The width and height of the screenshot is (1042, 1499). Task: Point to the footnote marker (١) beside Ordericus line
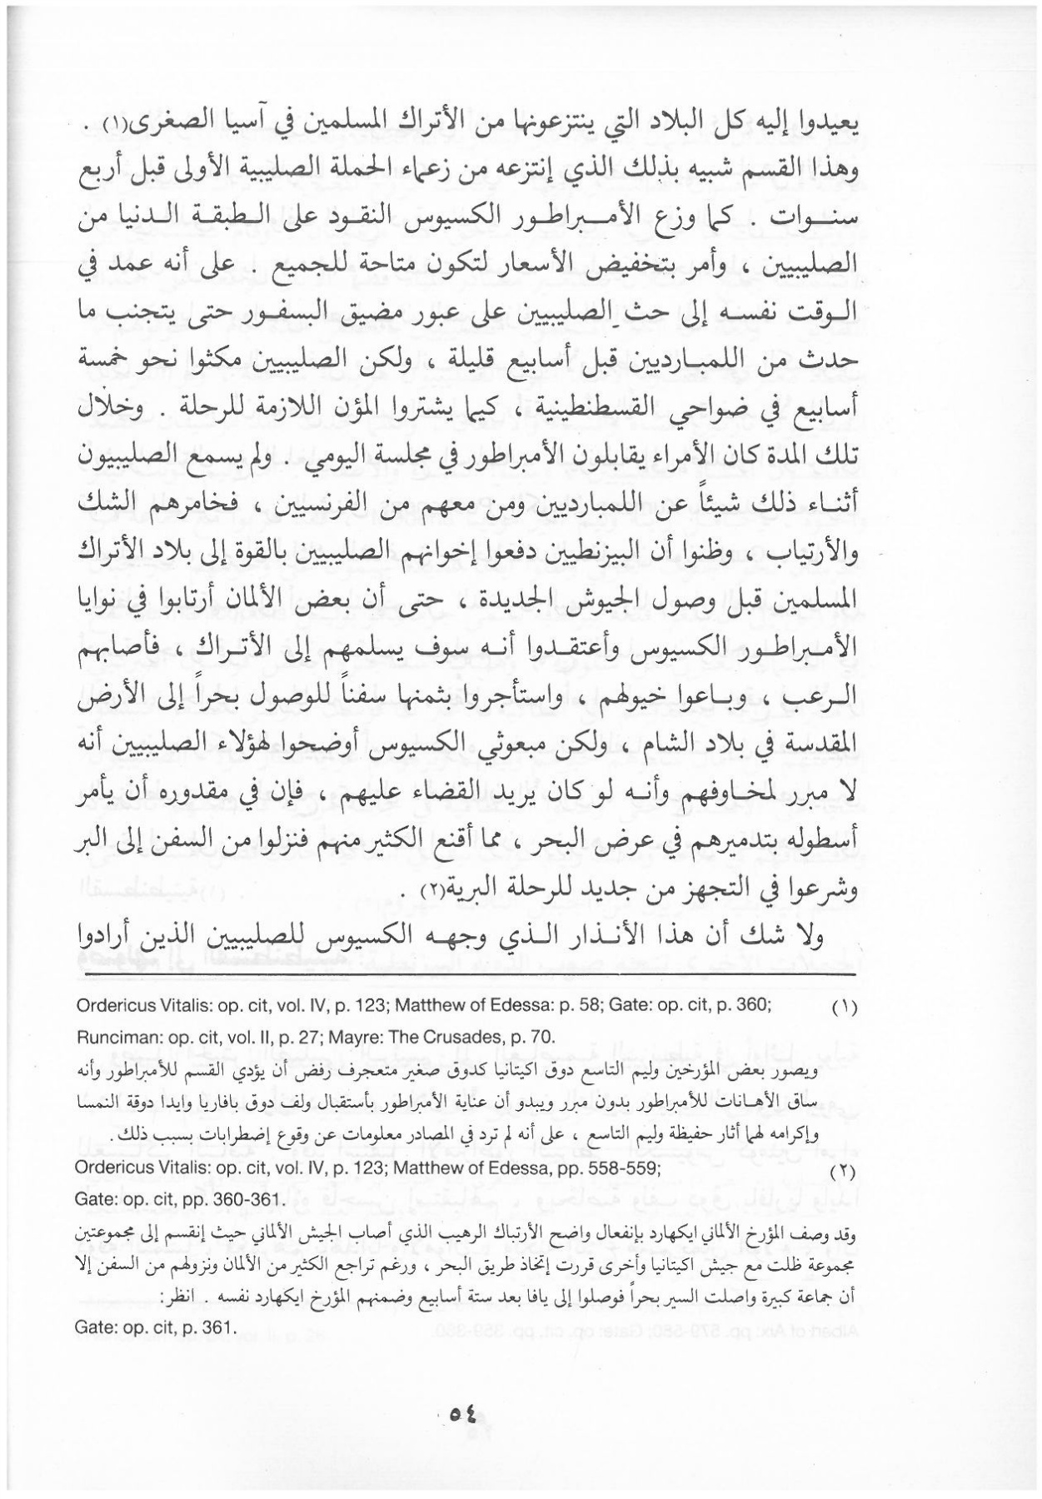point(845,1007)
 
